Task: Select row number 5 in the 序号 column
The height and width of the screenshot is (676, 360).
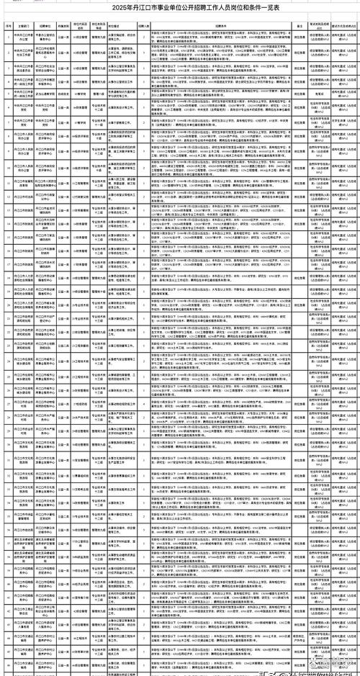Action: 8,94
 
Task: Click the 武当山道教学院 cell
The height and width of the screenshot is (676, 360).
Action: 46,94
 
